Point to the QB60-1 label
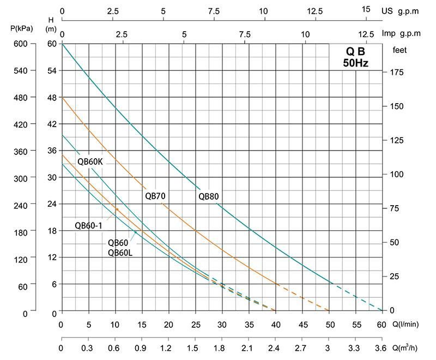pyautogui.click(x=89, y=226)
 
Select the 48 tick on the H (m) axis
pyautogui.click(x=51, y=97)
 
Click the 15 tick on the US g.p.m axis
pyautogui.click(x=365, y=10)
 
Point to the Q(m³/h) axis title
pyautogui.click(x=405, y=347)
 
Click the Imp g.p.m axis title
pyautogui.click(x=402, y=33)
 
